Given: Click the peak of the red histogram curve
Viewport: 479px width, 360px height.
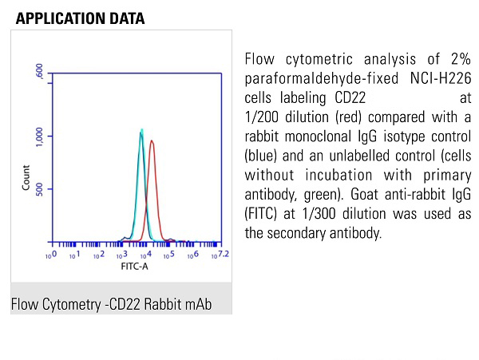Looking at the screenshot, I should (x=152, y=141).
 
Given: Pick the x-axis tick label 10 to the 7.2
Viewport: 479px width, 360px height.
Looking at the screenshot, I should (x=220, y=255).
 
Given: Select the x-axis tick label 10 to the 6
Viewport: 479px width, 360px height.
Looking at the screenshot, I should (x=193, y=255).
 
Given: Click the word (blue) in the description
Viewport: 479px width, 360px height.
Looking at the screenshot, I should (x=262, y=156).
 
